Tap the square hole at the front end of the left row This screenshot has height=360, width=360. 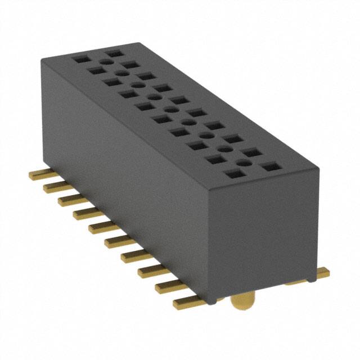(231, 174)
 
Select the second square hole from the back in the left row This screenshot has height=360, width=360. (94, 70)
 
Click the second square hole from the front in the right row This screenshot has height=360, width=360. (251, 152)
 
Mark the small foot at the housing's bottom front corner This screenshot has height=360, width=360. (210, 301)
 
